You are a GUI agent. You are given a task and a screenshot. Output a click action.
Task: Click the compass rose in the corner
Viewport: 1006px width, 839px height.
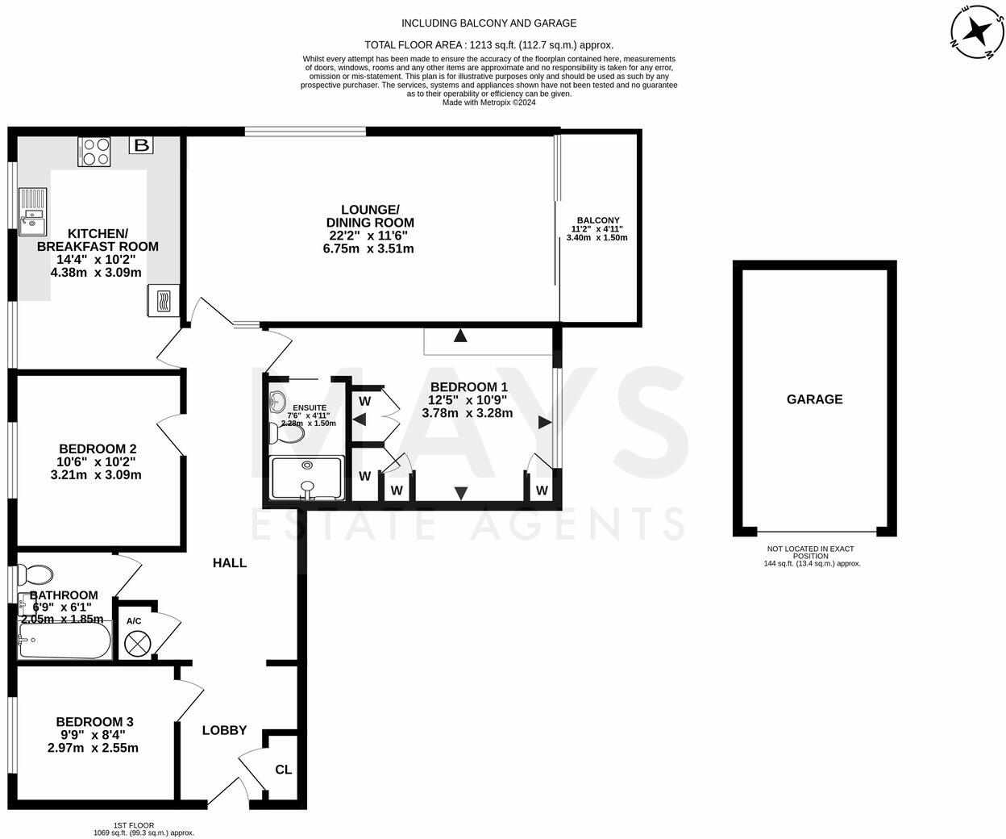pos(978,32)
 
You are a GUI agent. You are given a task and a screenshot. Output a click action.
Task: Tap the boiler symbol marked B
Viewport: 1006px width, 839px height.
pos(141,145)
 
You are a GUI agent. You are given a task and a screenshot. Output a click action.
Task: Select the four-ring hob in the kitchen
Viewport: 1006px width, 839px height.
pos(94,152)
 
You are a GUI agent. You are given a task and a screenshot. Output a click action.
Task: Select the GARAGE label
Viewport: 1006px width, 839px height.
pos(814,399)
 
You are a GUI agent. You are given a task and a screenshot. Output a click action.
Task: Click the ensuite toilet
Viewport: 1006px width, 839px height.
pos(287,434)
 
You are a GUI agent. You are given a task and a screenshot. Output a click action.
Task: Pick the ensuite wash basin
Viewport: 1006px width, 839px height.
pos(278,400)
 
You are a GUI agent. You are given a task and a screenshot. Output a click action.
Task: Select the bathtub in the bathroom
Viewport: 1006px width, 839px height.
pos(64,644)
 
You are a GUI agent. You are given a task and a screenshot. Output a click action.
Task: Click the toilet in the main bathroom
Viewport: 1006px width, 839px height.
pos(34,574)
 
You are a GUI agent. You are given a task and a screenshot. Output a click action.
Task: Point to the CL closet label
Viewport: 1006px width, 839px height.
pos(284,770)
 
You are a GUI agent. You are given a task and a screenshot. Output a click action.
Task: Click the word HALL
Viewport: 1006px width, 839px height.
pos(230,563)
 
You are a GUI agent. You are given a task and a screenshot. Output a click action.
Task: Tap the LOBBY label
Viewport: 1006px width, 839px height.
pos(224,730)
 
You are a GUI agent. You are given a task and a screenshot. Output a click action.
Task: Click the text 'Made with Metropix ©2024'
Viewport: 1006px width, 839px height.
pos(489,102)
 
